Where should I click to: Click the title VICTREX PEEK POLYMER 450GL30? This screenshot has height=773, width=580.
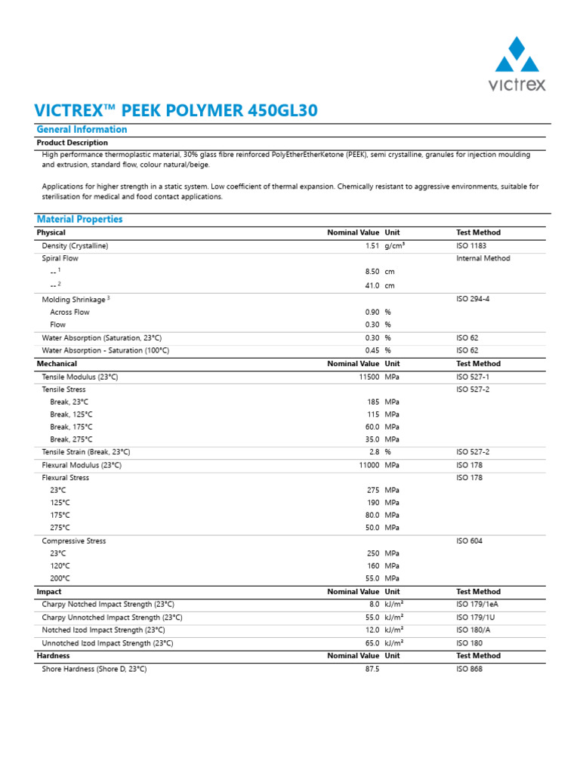[x=177, y=110]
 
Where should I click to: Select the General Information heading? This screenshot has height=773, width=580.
[x=82, y=130]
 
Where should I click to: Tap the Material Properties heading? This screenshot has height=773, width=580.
[x=79, y=220]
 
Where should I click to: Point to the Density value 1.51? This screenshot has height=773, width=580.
[x=372, y=246]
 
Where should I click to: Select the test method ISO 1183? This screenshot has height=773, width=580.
[x=473, y=246]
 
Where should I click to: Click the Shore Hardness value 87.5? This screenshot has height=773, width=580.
[x=372, y=669]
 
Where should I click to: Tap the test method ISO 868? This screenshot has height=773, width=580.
[x=469, y=669]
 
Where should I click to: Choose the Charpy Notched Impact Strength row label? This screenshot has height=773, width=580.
[x=108, y=605]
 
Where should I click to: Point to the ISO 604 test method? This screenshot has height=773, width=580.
[x=469, y=541]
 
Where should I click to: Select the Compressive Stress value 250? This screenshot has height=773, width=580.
[x=372, y=553]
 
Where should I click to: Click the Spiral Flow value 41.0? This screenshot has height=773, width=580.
[x=372, y=286]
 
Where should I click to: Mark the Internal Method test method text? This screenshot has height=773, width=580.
[x=483, y=258]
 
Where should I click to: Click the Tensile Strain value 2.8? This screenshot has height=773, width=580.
[x=374, y=451]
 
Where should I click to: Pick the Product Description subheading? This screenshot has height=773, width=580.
[x=72, y=143]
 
